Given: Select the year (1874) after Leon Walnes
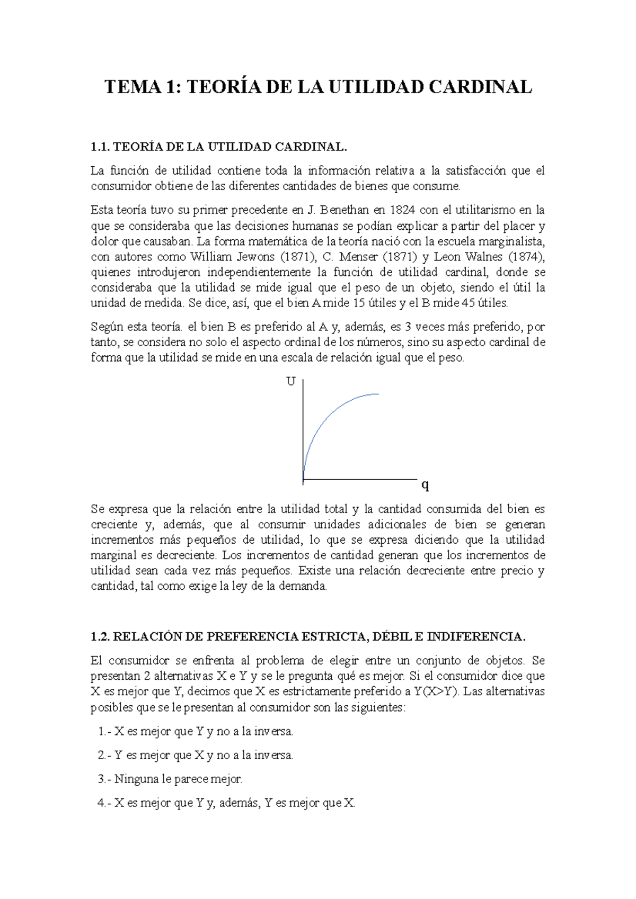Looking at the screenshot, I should [526, 257].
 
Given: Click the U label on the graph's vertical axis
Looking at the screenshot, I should [290, 382].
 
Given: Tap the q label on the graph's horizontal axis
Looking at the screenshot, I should [425, 484].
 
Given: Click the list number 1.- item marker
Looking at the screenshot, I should [104, 732].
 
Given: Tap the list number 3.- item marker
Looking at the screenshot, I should [104, 779].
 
